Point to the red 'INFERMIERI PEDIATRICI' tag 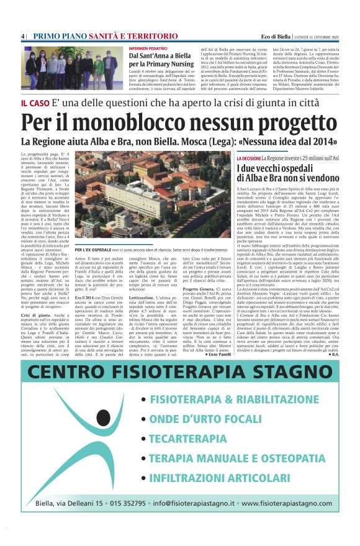[150, 47]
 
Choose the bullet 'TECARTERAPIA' [187, 439]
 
